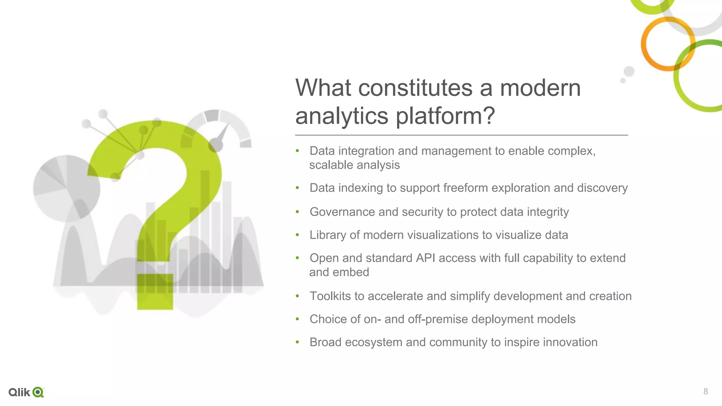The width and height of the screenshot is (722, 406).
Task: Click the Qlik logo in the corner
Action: tap(26, 392)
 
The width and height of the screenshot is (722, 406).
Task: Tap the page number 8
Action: tap(705, 391)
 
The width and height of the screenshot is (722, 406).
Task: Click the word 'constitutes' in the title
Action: tap(415, 88)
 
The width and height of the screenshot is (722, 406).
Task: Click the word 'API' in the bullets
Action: tap(425, 258)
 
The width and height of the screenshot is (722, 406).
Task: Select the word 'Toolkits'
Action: tap(330, 296)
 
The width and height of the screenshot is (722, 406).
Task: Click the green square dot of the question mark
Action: tap(155, 291)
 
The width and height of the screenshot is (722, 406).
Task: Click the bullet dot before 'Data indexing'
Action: tap(297, 188)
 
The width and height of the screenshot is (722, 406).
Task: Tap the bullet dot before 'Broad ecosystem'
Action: tap(297, 342)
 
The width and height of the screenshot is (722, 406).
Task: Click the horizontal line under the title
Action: tap(461, 135)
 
